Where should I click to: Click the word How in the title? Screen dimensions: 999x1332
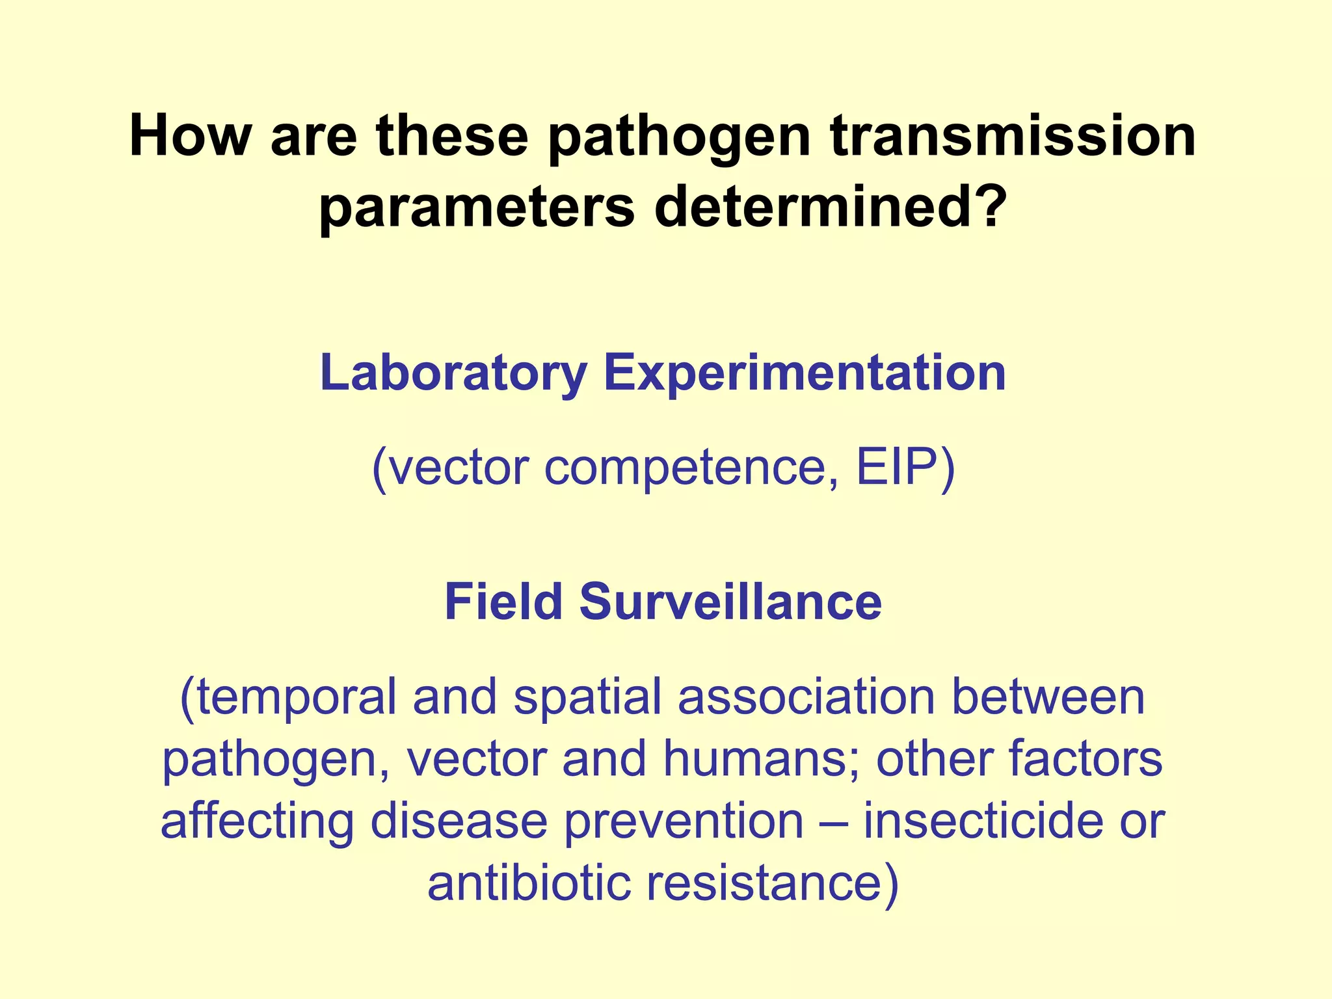190,137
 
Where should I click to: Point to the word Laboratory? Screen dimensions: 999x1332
453,373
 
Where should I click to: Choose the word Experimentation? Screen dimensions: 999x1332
805,373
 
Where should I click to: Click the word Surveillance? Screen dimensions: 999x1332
730,602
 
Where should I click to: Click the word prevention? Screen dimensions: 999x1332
683,821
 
